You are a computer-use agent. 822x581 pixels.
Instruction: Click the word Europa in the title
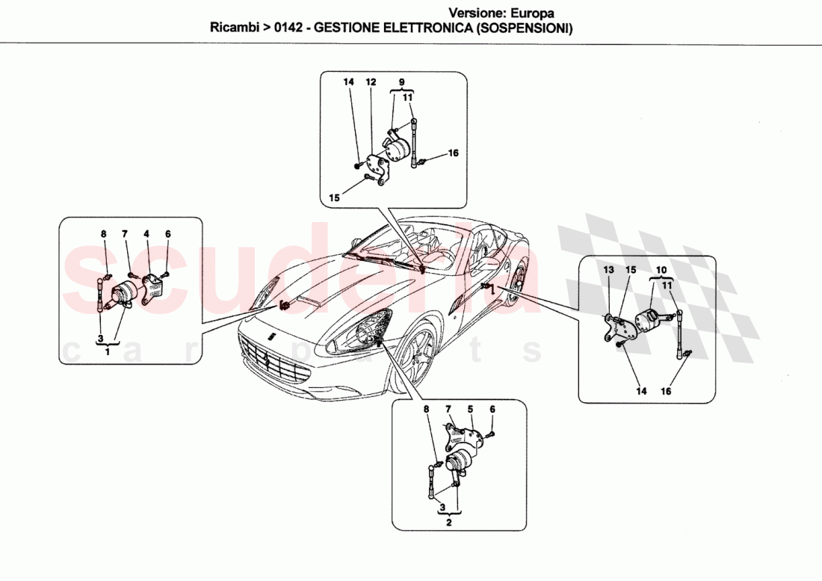[x=531, y=13]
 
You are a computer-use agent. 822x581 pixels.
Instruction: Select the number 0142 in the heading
[x=289, y=28]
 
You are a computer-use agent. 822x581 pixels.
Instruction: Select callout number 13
[x=608, y=269]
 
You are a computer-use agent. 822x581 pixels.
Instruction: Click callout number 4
[x=146, y=234]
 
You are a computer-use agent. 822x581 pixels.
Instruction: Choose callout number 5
[x=471, y=410]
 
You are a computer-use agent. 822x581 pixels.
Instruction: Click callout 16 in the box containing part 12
[x=453, y=153]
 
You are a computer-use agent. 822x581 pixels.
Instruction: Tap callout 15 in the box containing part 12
[x=334, y=198]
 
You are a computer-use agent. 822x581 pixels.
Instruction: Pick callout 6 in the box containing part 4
[x=168, y=234]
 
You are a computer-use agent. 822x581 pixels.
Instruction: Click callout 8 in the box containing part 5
[x=427, y=410]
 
